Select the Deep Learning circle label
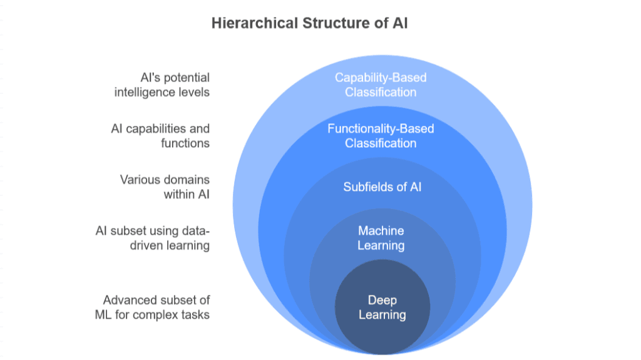(x=382, y=307)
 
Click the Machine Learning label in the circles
(x=381, y=238)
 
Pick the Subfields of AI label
(x=382, y=187)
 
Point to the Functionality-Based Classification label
(x=381, y=136)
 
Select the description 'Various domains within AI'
(x=165, y=187)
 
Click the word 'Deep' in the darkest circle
(x=382, y=301)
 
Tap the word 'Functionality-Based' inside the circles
(x=381, y=129)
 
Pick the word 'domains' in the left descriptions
(x=185, y=180)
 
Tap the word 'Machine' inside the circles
(x=381, y=231)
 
